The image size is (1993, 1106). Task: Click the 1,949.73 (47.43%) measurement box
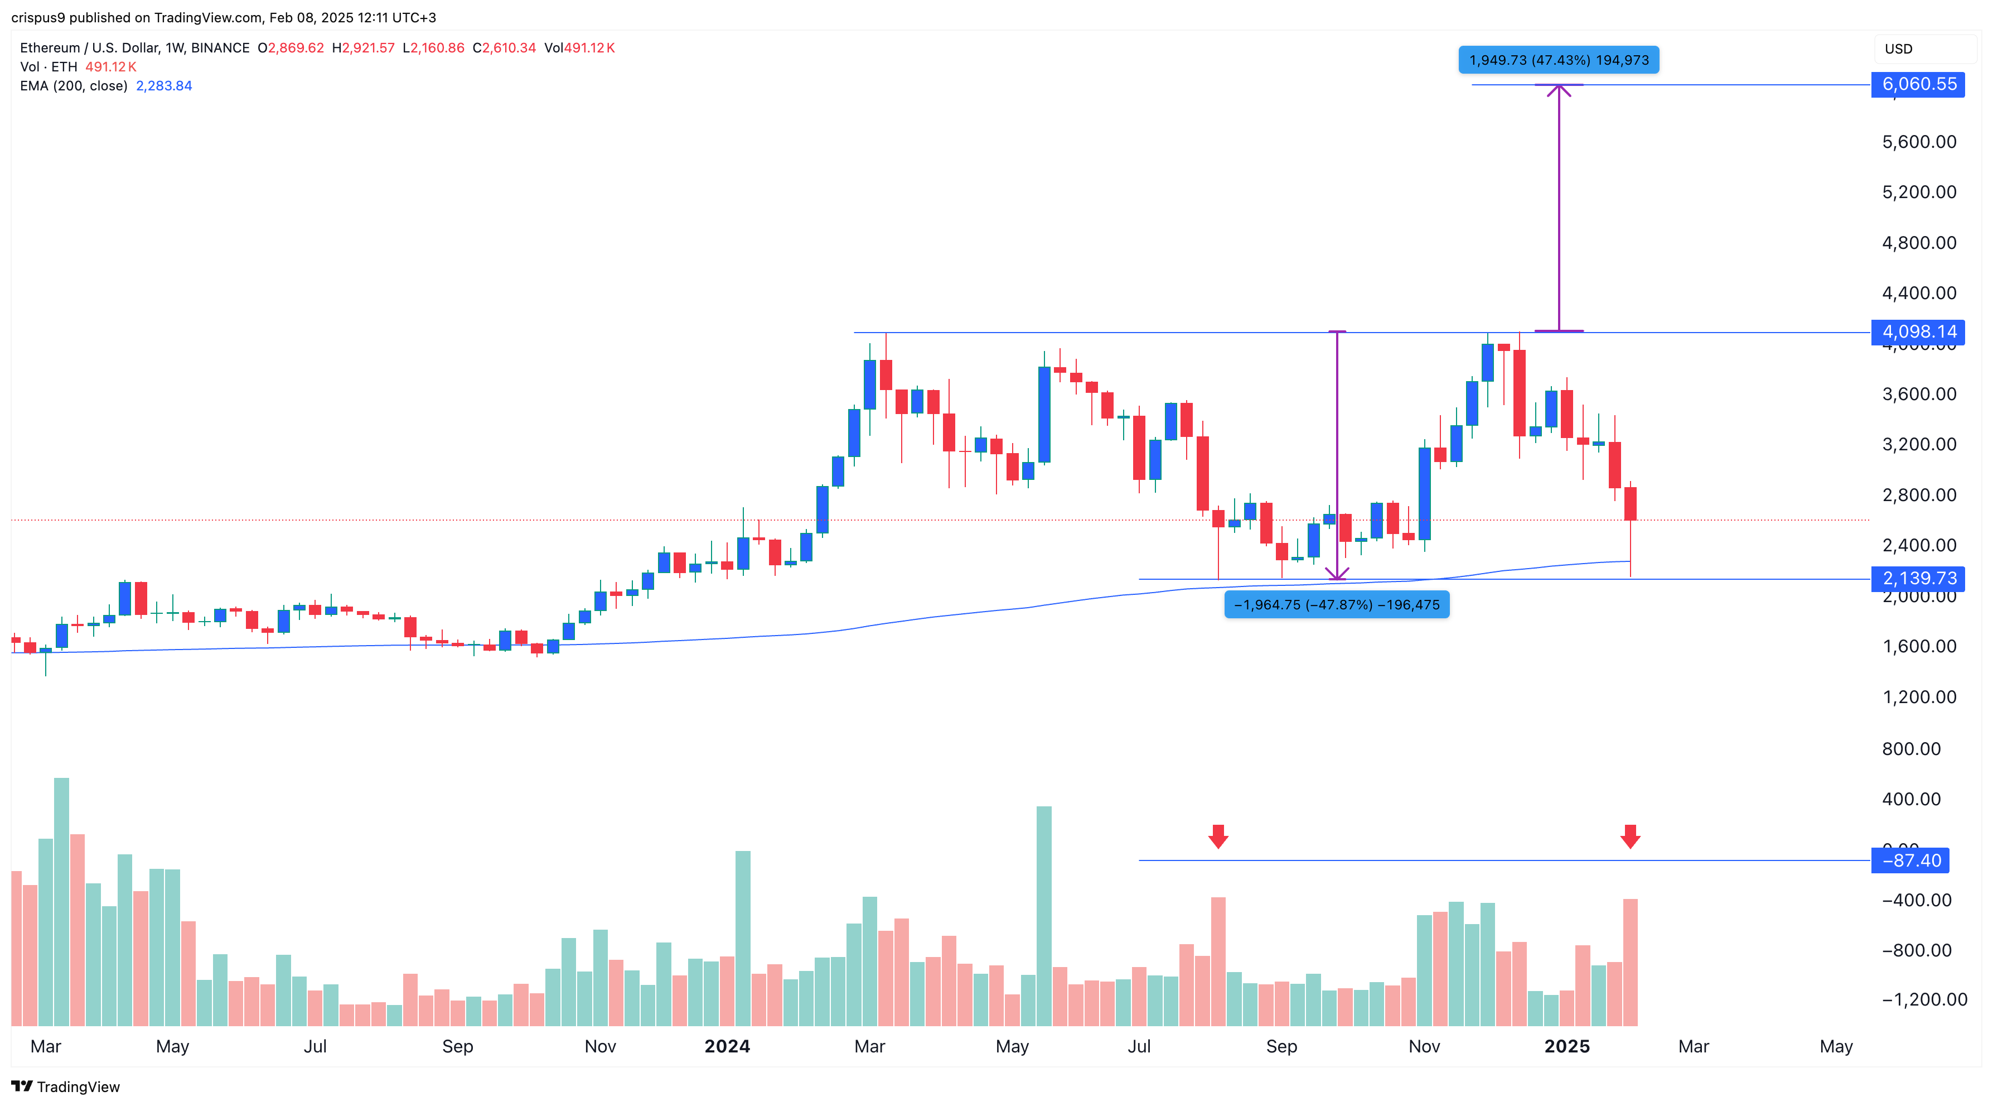pos(1558,60)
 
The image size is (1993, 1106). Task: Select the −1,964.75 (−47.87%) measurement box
pos(1336,604)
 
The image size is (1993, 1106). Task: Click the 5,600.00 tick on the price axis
pos(1919,142)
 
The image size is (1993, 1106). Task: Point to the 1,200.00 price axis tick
pos(1919,696)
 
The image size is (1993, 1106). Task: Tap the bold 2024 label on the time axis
pos(727,1046)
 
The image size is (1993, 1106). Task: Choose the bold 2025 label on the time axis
pos(1567,1046)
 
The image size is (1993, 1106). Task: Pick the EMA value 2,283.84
pos(164,86)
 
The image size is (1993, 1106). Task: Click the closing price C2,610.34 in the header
pos(505,48)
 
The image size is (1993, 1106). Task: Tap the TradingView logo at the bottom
pos(66,1086)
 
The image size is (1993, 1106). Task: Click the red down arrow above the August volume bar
pos(1218,836)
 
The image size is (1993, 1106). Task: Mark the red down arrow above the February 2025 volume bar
pos(1630,836)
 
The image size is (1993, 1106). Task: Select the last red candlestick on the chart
pos(1630,503)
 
